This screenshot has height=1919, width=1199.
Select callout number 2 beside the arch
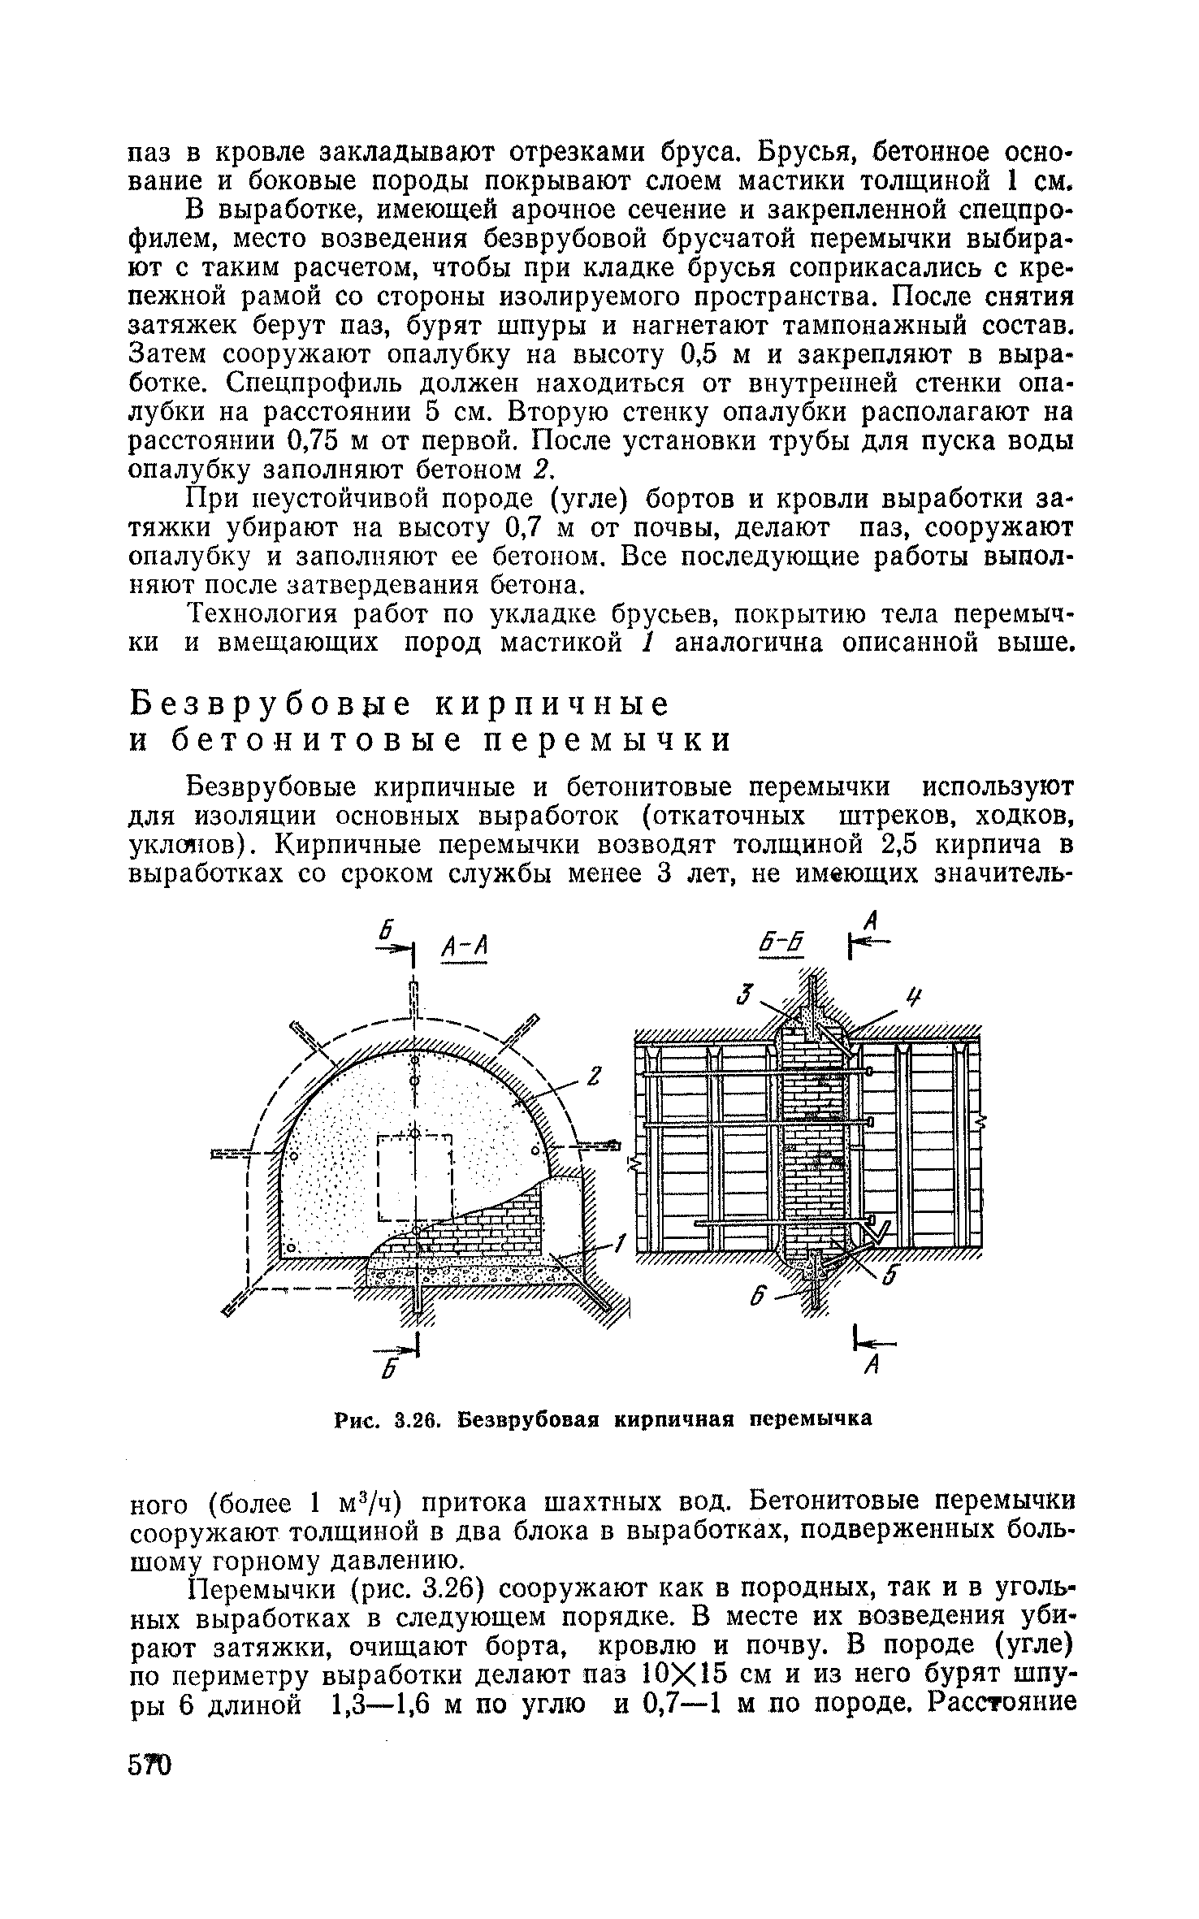coord(593,1078)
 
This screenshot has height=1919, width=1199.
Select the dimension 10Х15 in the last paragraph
coord(686,1675)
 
